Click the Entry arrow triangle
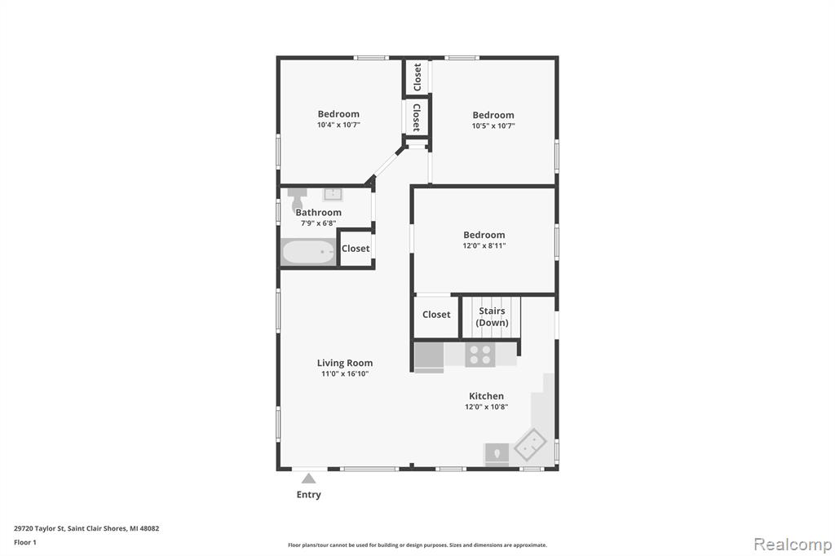point(309,479)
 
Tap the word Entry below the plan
point(309,495)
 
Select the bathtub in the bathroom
point(308,252)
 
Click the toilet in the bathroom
point(297,199)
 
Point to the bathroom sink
point(333,194)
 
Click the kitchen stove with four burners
point(479,355)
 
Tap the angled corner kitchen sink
point(530,444)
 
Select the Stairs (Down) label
point(492,317)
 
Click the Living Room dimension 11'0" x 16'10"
point(345,374)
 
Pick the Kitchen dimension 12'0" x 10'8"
point(486,407)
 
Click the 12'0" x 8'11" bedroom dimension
point(484,245)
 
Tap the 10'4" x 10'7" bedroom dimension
point(338,126)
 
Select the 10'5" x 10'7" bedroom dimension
point(493,126)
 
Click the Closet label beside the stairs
point(437,315)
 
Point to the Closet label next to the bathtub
point(356,249)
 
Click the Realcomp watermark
point(793,545)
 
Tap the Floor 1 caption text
point(25,543)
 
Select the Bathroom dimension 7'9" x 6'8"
point(319,223)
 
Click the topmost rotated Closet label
point(417,77)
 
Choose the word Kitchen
point(486,396)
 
